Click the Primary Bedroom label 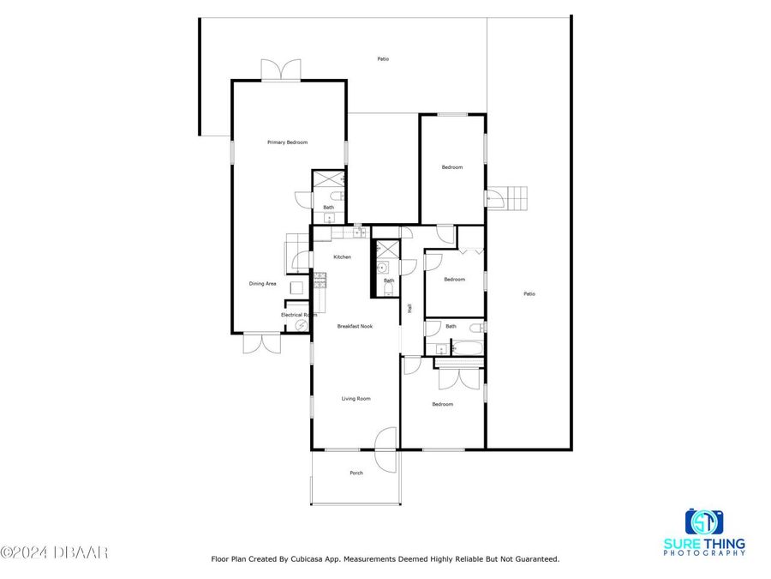287,142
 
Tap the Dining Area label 262,284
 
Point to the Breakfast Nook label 354,326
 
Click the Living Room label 356,399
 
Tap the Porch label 356,473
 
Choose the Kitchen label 343,257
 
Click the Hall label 410,308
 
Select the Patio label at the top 383,59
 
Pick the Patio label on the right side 529,294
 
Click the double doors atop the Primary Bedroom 281,70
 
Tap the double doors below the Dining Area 262,343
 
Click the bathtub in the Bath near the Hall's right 468,348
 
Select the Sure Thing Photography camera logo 704,522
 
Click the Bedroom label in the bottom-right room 442,404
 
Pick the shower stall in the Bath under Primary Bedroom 327,179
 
